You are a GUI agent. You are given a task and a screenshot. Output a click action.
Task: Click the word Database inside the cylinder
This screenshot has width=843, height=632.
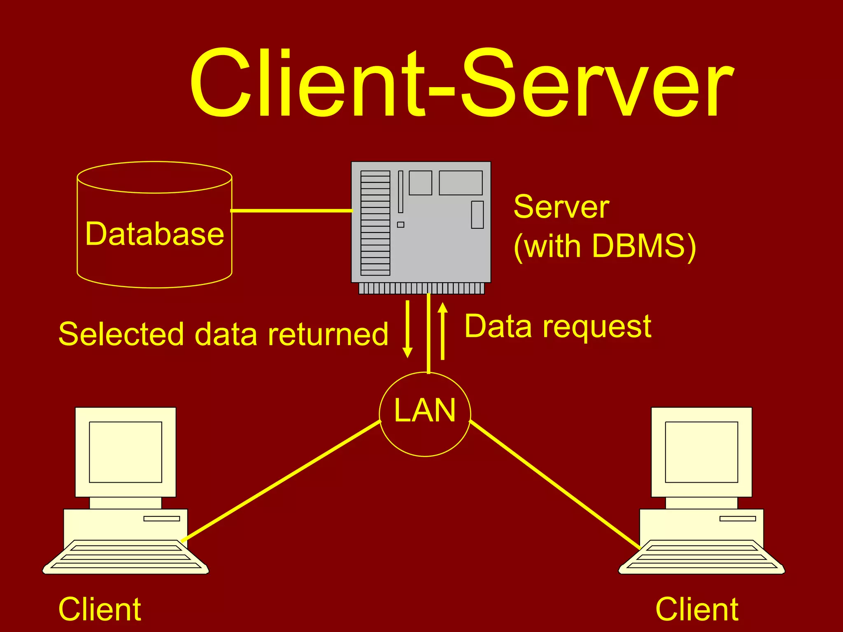[154, 234]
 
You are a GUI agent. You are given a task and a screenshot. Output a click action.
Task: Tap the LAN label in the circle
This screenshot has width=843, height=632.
[425, 411]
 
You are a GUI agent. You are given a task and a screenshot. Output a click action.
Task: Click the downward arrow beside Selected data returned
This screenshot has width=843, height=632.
[408, 329]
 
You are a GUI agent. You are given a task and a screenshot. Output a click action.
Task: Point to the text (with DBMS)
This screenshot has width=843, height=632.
[604, 246]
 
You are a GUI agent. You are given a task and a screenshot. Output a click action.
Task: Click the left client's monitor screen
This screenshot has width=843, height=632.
[126, 452]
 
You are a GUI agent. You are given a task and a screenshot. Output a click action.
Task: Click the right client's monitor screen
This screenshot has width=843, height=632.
[701, 452]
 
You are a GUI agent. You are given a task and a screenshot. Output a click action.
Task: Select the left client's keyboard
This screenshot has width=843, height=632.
[126, 557]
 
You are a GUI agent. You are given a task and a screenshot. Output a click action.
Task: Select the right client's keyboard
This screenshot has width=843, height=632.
[701, 557]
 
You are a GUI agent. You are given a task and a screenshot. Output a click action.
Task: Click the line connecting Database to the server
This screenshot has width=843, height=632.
[291, 211]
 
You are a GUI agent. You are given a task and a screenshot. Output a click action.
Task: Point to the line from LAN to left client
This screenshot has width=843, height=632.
[280, 481]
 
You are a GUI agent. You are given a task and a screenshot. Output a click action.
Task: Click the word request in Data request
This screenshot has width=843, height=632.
[597, 327]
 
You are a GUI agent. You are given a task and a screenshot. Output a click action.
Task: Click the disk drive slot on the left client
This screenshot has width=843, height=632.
[161, 518]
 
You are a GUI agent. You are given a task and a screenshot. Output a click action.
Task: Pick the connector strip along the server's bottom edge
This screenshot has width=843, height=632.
[421, 288]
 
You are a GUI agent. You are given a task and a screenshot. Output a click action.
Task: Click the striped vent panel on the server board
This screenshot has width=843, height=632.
[375, 223]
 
